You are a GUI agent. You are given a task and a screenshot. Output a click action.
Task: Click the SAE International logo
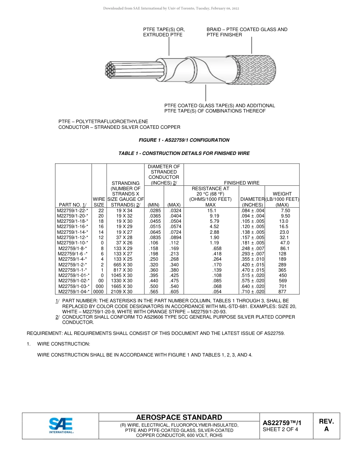coord(61,425)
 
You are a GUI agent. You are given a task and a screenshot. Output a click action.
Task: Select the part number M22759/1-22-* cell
coord(72,210)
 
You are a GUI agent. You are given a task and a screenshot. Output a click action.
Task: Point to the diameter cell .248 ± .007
coord(252,248)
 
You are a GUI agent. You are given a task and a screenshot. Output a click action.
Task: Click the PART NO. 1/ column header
coord(73,205)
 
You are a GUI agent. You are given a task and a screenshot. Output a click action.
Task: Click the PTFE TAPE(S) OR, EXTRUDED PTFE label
coord(164,32)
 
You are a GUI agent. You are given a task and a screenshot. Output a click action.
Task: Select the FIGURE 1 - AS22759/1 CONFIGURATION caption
coord(184,140)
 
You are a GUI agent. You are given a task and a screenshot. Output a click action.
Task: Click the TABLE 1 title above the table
coord(184,153)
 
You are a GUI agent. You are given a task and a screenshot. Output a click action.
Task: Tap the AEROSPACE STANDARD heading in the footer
coord(179,417)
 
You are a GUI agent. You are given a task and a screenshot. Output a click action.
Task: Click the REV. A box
coord(326,425)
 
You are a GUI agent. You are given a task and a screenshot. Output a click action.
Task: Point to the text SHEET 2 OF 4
coord(280,429)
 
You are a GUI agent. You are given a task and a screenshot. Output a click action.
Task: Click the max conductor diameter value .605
coord(174,292)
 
